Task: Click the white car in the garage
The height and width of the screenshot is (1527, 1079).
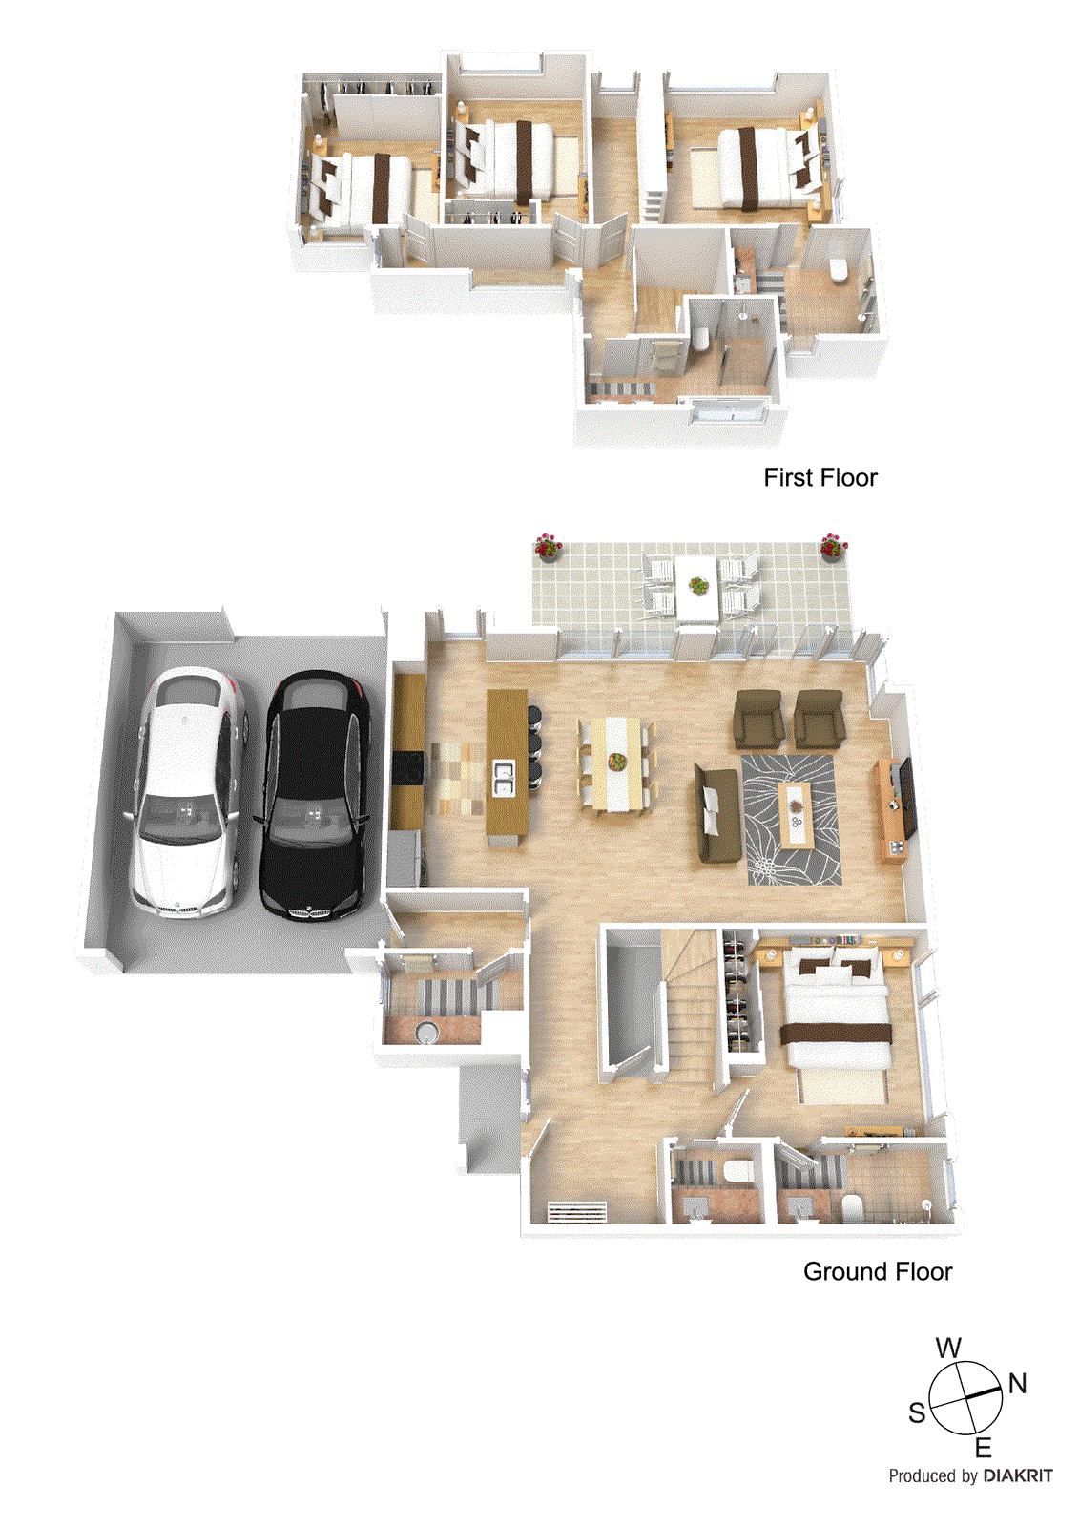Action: (189, 792)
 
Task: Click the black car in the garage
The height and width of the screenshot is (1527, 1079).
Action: (316, 795)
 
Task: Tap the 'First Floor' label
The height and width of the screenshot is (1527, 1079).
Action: (820, 477)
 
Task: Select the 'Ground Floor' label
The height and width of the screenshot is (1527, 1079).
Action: (877, 1271)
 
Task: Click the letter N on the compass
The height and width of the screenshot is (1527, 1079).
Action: (1017, 1383)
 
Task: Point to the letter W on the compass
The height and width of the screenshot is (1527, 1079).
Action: (948, 1348)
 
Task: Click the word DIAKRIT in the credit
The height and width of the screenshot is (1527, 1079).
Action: (1018, 1475)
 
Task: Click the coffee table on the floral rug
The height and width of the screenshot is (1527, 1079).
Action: (795, 813)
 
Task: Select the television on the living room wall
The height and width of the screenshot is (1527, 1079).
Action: (906, 796)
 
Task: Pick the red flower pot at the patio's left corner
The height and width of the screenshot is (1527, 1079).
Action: (547, 546)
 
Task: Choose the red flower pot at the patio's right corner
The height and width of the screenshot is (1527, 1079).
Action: (832, 546)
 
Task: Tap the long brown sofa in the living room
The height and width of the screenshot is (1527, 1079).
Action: (716, 810)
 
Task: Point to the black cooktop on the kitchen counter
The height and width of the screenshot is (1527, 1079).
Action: (407, 767)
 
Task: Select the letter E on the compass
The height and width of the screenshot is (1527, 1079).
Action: (983, 1448)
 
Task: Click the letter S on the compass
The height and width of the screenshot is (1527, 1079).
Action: (917, 1412)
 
